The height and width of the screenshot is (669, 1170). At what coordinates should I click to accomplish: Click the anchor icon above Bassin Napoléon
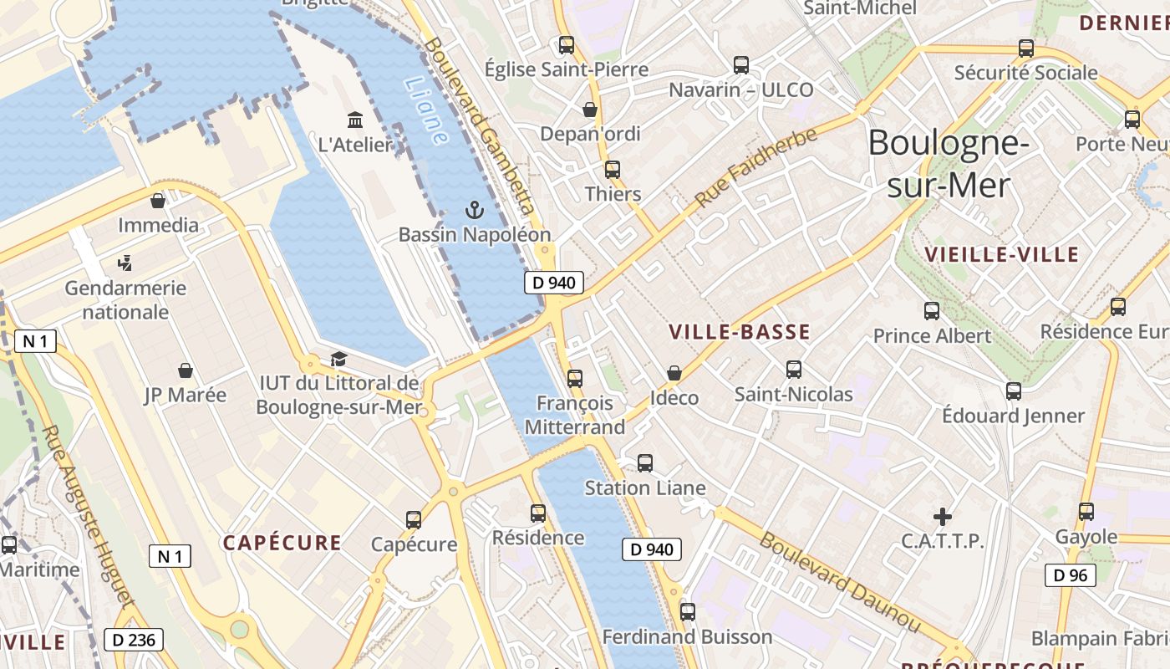(475, 210)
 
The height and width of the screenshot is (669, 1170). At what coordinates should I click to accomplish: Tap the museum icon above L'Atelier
(355, 120)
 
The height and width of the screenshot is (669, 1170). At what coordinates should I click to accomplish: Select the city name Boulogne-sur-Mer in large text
(948, 164)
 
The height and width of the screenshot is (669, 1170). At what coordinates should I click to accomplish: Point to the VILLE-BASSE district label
(740, 332)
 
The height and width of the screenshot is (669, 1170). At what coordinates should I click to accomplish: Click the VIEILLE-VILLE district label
(1002, 254)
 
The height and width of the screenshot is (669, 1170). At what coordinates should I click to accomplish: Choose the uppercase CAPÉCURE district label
(282, 543)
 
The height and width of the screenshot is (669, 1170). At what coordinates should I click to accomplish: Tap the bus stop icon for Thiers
(613, 170)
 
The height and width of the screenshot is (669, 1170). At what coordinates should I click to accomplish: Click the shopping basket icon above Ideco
(674, 373)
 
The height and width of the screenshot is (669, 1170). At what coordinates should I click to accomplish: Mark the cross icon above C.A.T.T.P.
(943, 517)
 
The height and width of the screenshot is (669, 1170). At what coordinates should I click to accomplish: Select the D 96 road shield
(1070, 575)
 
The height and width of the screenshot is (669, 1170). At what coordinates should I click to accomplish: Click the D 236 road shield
(134, 641)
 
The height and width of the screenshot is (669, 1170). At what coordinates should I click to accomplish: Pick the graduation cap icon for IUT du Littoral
(338, 359)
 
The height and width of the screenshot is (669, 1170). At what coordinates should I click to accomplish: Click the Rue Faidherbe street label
(755, 168)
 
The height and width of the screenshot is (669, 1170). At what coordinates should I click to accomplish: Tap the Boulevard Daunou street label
(839, 582)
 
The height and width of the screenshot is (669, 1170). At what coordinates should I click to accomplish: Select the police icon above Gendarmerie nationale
(125, 263)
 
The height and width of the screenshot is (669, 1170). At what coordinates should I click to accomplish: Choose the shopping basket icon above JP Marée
(186, 370)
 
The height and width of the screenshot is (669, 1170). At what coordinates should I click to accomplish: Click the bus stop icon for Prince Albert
(932, 311)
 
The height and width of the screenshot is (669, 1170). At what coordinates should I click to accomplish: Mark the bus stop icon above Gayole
(1086, 511)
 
